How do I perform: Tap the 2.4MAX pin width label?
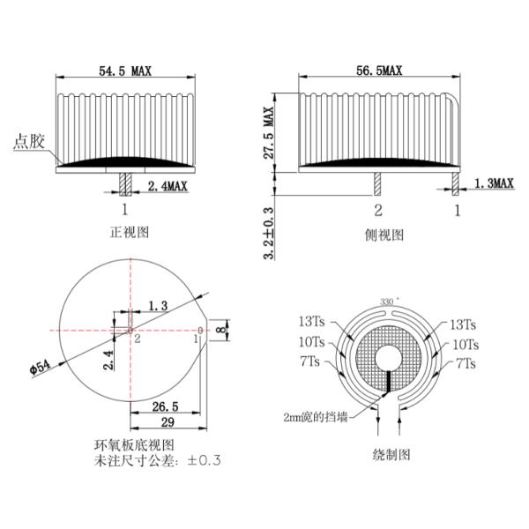[x=168, y=186]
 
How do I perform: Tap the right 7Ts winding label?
[x=466, y=363]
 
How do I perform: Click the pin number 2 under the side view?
[x=378, y=210]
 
